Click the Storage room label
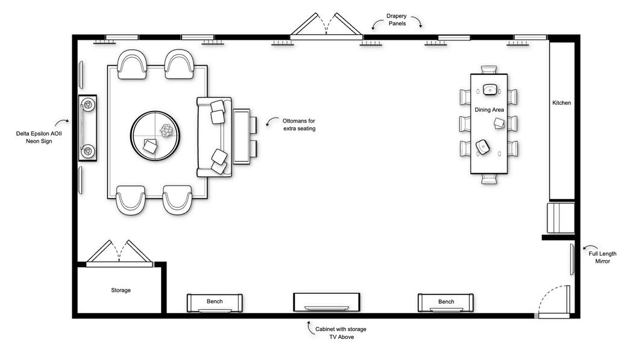[x=121, y=290]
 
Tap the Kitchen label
[x=561, y=103]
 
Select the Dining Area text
[x=489, y=110]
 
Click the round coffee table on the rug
[x=155, y=136]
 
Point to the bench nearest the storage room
[x=215, y=303]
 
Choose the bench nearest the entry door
[x=446, y=303]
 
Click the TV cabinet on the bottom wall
[x=326, y=302]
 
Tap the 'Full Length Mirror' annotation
[x=602, y=257]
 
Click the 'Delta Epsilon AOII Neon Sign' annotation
[x=39, y=137]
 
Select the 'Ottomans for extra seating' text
[x=299, y=125]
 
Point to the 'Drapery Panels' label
[x=397, y=20]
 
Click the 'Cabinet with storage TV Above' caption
[x=341, y=333]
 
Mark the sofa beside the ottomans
[x=214, y=137]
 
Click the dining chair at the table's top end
[x=488, y=70]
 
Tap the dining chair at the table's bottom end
[x=488, y=179]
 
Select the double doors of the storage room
[x=119, y=254]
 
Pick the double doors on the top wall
[x=326, y=27]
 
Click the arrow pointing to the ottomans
[x=272, y=121]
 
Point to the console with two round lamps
[x=87, y=128]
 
